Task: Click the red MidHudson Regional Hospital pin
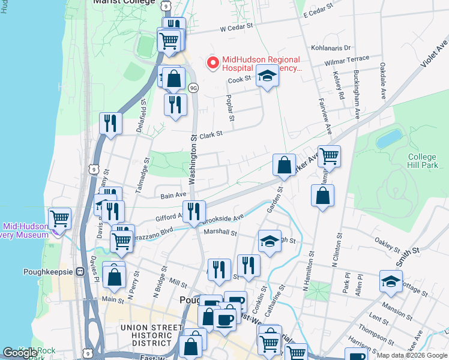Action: coord(212,62)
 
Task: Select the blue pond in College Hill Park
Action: coord(390,139)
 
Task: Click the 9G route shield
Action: coord(193,88)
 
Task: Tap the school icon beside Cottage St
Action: coord(391,281)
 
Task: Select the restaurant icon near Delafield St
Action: coord(110,123)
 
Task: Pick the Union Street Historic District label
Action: coord(151,335)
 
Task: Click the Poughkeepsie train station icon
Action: coord(79,271)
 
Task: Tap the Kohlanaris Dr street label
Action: coord(331,47)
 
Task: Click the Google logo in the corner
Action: coord(20,353)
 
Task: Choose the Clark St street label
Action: coord(211,135)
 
